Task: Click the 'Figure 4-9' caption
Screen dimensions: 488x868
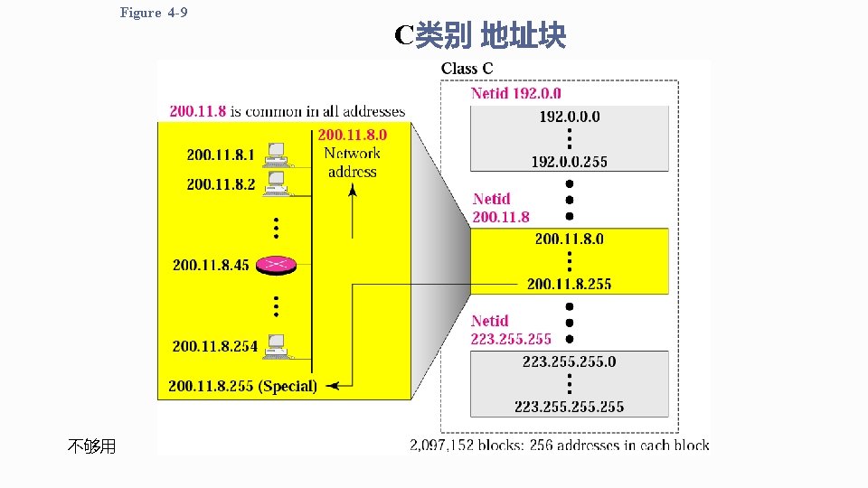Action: [x=153, y=13]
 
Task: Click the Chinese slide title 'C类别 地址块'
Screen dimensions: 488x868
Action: [x=480, y=35]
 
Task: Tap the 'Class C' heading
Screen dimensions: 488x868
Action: [x=467, y=69]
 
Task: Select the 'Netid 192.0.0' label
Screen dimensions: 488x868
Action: [x=515, y=93]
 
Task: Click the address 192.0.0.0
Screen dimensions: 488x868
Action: [x=569, y=117]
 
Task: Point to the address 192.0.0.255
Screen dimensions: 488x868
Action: [x=569, y=162]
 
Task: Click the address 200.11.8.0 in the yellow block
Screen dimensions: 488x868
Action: [x=569, y=239]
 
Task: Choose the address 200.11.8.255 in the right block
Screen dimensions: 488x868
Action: [x=569, y=284]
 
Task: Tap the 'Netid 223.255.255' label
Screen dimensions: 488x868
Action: [x=511, y=330]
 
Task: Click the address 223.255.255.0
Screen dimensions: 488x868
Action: [x=569, y=361]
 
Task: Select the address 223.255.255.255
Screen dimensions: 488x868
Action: [x=569, y=407]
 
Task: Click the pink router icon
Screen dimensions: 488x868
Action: [x=277, y=264]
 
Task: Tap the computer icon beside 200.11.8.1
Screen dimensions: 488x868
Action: [x=276, y=155]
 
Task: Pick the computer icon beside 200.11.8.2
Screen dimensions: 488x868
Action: [x=276, y=184]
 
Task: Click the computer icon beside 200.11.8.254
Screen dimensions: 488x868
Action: [x=277, y=345]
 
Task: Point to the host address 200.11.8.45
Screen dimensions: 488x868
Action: [x=211, y=265]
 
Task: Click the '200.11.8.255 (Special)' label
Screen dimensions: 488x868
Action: [x=242, y=387]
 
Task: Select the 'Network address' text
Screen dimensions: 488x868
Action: [x=352, y=162]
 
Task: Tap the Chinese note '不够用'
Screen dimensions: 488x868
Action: [x=91, y=446]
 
